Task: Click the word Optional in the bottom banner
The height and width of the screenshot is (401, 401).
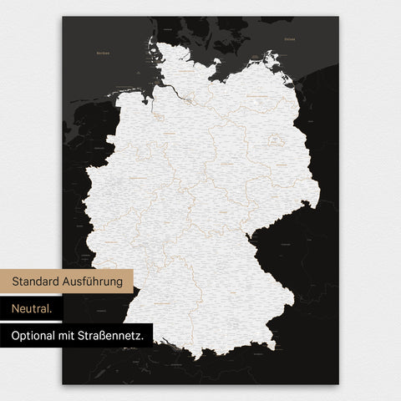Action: tap(36, 336)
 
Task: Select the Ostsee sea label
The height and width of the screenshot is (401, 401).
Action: tap(290, 39)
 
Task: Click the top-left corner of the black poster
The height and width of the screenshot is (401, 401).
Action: tap(63, 17)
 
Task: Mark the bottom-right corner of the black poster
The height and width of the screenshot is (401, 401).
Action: tap(338, 383)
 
